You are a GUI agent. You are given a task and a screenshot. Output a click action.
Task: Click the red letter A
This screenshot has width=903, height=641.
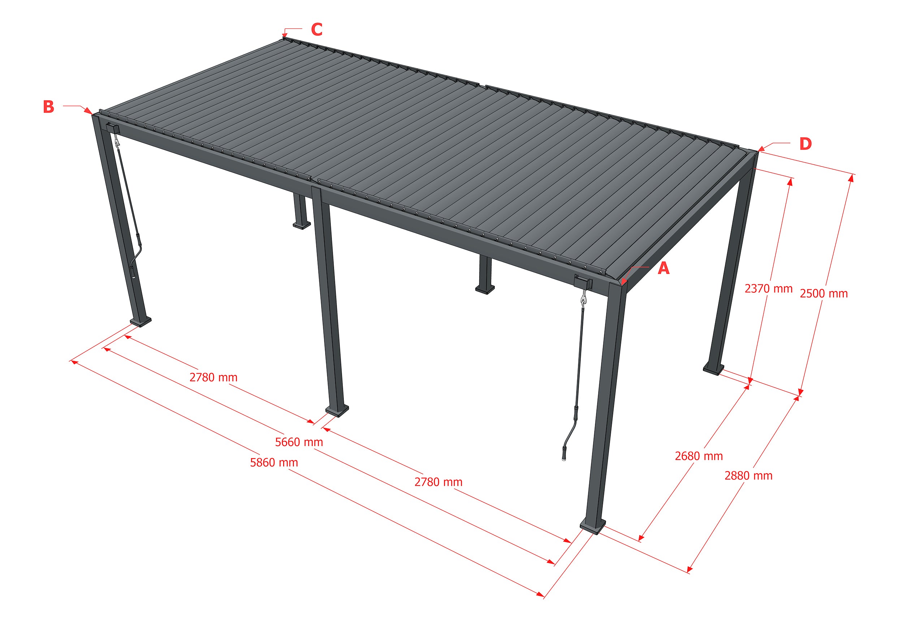tap(664, 268)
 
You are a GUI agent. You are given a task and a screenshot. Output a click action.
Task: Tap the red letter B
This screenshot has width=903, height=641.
tap(48, 107)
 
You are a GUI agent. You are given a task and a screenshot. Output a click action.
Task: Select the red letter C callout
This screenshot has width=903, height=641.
tap(317, 29)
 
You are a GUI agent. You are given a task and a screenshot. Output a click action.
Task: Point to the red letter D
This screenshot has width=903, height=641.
tap(805, 144)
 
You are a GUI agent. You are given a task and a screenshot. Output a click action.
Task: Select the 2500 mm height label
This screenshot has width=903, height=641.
tap(824, 293)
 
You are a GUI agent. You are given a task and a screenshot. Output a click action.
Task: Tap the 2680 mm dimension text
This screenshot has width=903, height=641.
tap(699, 456)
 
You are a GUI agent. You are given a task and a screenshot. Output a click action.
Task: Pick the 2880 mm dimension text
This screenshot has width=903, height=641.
tap(748, 476)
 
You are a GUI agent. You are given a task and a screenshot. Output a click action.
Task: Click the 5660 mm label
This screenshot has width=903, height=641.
tap(299, 442)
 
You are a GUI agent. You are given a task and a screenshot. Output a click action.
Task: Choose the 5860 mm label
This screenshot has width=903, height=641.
tap(274, 462)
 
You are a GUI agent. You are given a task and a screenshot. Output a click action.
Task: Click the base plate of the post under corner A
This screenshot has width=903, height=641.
tap(592, 526)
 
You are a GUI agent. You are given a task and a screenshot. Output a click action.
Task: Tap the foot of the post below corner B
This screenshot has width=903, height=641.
tap(140, 322)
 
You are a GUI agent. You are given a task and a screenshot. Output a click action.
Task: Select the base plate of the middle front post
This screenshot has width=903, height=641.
tap(337, 411)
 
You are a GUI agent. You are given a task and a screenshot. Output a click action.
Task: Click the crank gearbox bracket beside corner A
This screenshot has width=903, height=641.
tap(583, 282)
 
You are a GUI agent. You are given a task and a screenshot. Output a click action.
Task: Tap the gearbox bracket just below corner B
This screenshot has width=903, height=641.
tap(112, 128)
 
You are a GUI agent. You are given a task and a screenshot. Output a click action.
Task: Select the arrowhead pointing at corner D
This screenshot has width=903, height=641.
tap(761, 149)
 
